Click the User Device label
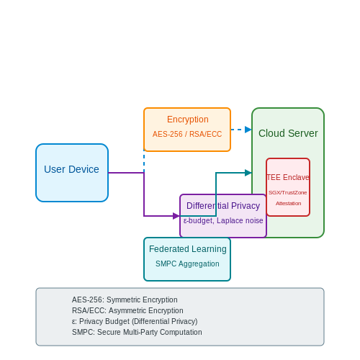click(x=71, y=169)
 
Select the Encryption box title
click(x=188, y=120)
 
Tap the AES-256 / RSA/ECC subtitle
click(x=187, y=134)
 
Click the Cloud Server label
click(x=288, y=133)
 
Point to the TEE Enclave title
click(x=288, y=177)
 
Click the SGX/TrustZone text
click(x=288, y=192)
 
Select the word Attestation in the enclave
click(x=288, y=203)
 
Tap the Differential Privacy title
click(x=223, y=206)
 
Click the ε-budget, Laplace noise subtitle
click(x=223, y=220)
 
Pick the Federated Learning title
click(x=188, y=249)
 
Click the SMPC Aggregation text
click(x=187, y=264)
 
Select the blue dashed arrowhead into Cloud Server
click(x=248, y=130)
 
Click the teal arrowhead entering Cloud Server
click(x=248, y=173)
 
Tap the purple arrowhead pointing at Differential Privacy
click(x=176, y=216)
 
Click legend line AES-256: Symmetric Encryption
click(x=125, y=300)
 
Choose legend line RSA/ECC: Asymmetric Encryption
click(x=127, y=310)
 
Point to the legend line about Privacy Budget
click(x=135, y=321)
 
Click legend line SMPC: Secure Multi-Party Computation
click(x=137, y=332)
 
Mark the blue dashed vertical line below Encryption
click(x=144, y=162)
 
